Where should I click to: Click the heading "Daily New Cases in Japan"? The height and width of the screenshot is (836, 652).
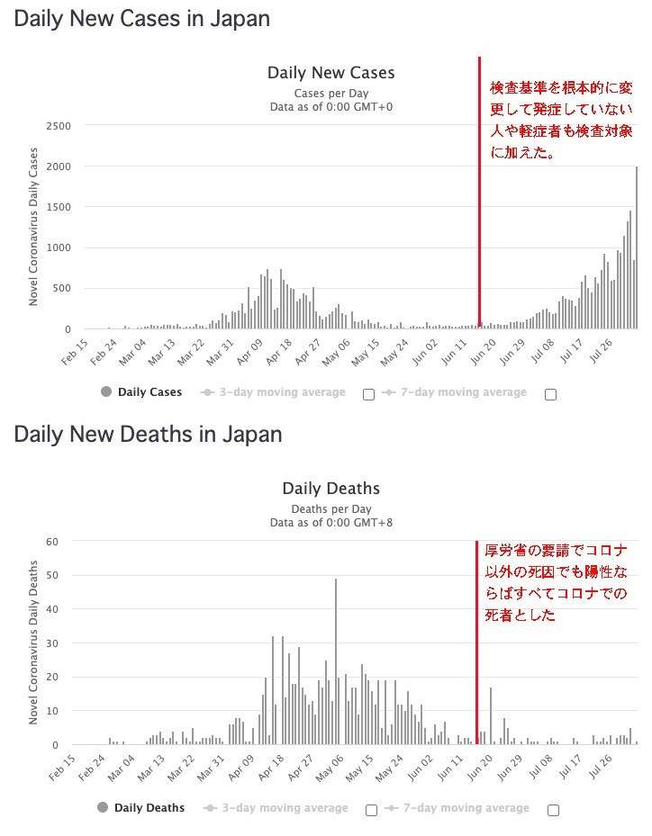[x=142, y=19]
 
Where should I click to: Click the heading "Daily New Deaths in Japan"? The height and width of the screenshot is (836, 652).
[x=148, y=435]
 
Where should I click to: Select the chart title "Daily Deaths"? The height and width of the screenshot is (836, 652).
[x=331, y=489]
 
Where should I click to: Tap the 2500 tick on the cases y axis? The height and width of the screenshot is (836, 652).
[x=59, y=126]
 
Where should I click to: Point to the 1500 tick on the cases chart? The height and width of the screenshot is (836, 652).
[x=59, y=207]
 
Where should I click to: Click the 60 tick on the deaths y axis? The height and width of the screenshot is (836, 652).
[x=52, y=542]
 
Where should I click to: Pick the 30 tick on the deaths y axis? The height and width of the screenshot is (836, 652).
[x=52, y=643]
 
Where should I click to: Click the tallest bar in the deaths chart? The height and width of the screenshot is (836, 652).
[x=336, y=661]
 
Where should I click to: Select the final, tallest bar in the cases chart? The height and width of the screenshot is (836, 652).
[x=637, y=248]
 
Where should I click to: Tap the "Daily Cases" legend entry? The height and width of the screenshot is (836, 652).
[x=141, y=391]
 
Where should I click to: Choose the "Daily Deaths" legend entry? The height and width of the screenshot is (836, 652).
[x=141, y=808]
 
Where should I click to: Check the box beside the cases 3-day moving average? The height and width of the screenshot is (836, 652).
[x=368, y=394]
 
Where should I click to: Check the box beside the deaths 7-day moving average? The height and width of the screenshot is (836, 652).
[x=554, y=811]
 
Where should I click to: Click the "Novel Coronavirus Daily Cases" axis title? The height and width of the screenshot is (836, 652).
[x=33, y=227]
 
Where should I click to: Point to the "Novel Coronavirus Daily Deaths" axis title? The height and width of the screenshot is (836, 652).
[x=33, y=643]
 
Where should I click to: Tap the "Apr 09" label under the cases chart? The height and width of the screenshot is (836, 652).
[x=250, y=351]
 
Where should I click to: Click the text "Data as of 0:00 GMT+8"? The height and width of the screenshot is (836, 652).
[x=331, y=523]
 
